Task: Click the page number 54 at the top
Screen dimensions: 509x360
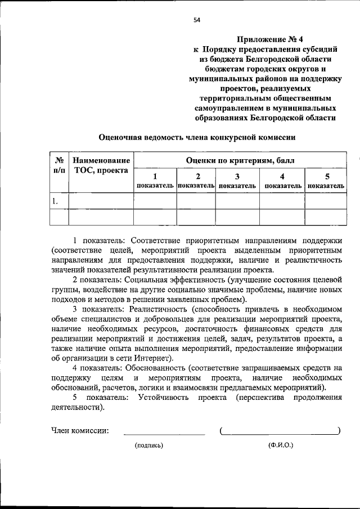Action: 197,20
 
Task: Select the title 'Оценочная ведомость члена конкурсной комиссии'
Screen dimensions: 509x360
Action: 197,137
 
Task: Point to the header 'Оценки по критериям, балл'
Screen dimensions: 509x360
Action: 240,160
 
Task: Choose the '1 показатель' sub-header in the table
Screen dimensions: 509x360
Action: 155,180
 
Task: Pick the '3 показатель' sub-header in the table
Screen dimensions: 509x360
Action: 237,180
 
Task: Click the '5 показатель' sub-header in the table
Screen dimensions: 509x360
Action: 326,180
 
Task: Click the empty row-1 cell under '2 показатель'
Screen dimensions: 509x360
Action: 196,201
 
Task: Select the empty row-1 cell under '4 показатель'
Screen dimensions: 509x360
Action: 281,201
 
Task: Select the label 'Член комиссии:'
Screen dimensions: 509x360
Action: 80,431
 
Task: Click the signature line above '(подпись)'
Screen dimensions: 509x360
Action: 164,434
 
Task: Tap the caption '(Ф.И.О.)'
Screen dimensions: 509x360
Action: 281,445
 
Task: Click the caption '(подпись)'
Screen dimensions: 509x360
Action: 148,445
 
